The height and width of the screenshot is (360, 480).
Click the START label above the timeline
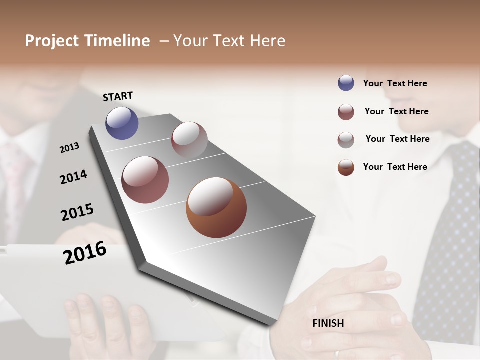click(x=118, y=96)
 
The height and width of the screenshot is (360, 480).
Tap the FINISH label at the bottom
click(x=328, y=323)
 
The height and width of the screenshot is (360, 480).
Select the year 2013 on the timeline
click(x=69, y=148)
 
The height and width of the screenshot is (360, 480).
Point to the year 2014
click(x=73, y=177)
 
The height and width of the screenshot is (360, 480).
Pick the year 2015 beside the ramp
click(x=77, y=212)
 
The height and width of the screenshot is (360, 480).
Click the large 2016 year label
click(x=85, y=253)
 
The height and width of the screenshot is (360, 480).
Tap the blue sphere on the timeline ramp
click(x=122, y=123)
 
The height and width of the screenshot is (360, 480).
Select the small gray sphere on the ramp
click(x=189, y=140)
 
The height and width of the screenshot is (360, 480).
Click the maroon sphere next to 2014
click(x=145, y=180)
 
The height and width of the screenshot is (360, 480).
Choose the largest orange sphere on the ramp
click(x=216, y=207)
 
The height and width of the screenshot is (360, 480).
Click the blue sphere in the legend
click(x=346, y=83)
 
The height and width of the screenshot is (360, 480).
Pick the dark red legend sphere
click(x=346, y=112)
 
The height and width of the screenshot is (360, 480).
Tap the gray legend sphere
click(x=346, y=140)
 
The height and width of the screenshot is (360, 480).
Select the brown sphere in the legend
click(x=346, y=167)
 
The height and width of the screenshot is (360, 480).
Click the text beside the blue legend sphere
click(x=395, y=83)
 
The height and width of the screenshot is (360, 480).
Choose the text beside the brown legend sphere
click(x=395, y=167)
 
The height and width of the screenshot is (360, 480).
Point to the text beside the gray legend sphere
click(x=397, y=139)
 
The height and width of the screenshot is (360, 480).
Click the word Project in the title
click(x=52, y=41)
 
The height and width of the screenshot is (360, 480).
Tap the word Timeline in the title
click(x=117, y=41)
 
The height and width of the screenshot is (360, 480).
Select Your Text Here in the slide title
click(x=229, y=41)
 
